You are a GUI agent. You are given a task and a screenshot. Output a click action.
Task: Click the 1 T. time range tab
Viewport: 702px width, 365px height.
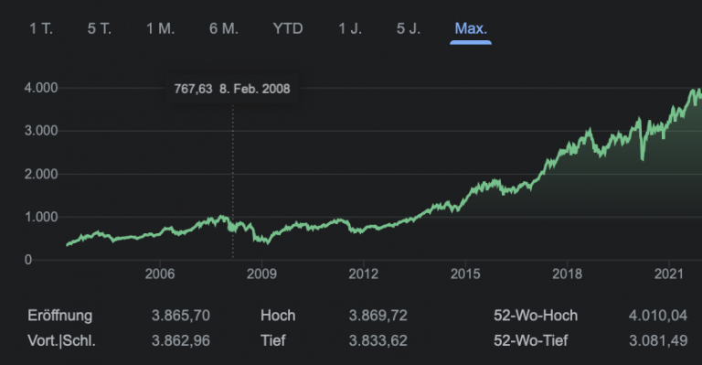41,28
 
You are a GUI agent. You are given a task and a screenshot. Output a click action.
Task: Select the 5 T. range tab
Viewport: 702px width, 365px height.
100,28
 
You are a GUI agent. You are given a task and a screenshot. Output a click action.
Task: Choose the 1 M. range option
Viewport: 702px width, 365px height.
160,28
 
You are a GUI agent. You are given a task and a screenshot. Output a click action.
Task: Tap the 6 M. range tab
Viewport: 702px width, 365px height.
223,28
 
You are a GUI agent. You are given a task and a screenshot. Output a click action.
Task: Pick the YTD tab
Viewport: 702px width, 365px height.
287,28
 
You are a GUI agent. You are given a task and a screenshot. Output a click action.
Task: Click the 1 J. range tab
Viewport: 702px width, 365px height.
349,28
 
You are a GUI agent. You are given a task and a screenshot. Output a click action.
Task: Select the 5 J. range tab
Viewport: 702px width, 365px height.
408,28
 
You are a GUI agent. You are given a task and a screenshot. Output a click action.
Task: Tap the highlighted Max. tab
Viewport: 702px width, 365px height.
471,28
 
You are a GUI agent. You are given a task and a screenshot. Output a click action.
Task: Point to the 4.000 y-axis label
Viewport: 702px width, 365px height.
41,88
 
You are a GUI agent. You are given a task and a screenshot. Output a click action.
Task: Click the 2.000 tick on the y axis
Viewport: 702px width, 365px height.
41,174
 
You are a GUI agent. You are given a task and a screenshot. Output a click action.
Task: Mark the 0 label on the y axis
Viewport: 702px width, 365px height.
54,260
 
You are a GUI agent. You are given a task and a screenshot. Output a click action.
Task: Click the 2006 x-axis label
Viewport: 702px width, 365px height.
160,274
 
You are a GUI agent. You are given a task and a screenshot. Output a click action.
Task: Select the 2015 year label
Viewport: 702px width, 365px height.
465,274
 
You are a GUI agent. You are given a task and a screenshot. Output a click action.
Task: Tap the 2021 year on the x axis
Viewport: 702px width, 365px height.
670,274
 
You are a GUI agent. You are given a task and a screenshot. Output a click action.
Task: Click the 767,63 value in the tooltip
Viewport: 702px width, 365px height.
193,89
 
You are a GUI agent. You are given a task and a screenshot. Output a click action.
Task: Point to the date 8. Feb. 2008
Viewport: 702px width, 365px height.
255,89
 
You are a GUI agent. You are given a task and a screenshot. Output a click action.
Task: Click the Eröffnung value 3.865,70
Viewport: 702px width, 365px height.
181,316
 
